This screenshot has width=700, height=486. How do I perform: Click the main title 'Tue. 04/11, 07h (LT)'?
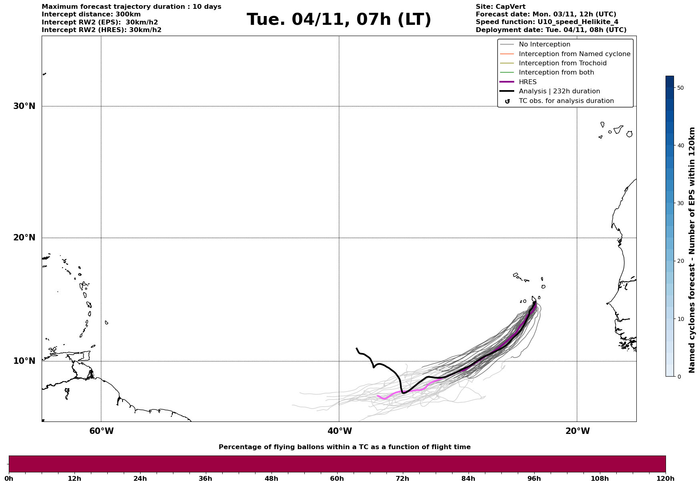(339, 20)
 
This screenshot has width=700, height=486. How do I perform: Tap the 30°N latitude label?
(24, 106)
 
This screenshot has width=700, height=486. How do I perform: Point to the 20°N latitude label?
(24, 238)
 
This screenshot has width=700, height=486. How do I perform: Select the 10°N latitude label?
(24, 361)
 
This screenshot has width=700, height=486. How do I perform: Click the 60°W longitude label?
(101, 431)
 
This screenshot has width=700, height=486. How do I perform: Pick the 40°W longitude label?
(340, 431)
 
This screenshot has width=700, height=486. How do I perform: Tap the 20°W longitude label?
(577, 431)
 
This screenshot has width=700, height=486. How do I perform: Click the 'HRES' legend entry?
(527, 82)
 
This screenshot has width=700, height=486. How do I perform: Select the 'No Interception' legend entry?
(544, 44)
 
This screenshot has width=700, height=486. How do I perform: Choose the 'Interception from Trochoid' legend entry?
(562, 63)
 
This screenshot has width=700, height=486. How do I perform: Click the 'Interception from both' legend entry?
(556, 73)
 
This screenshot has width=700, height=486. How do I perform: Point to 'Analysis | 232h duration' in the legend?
(559, 91)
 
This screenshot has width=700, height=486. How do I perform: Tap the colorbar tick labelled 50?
(680, 88)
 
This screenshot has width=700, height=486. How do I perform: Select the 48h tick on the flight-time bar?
(271, 478)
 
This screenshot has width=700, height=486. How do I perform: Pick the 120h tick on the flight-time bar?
(666, 478)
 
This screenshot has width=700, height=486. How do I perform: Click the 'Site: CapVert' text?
(500, 7)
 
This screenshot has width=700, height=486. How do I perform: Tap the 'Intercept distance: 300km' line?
(91, 14)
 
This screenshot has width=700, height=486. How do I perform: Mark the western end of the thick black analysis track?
(356, 349)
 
